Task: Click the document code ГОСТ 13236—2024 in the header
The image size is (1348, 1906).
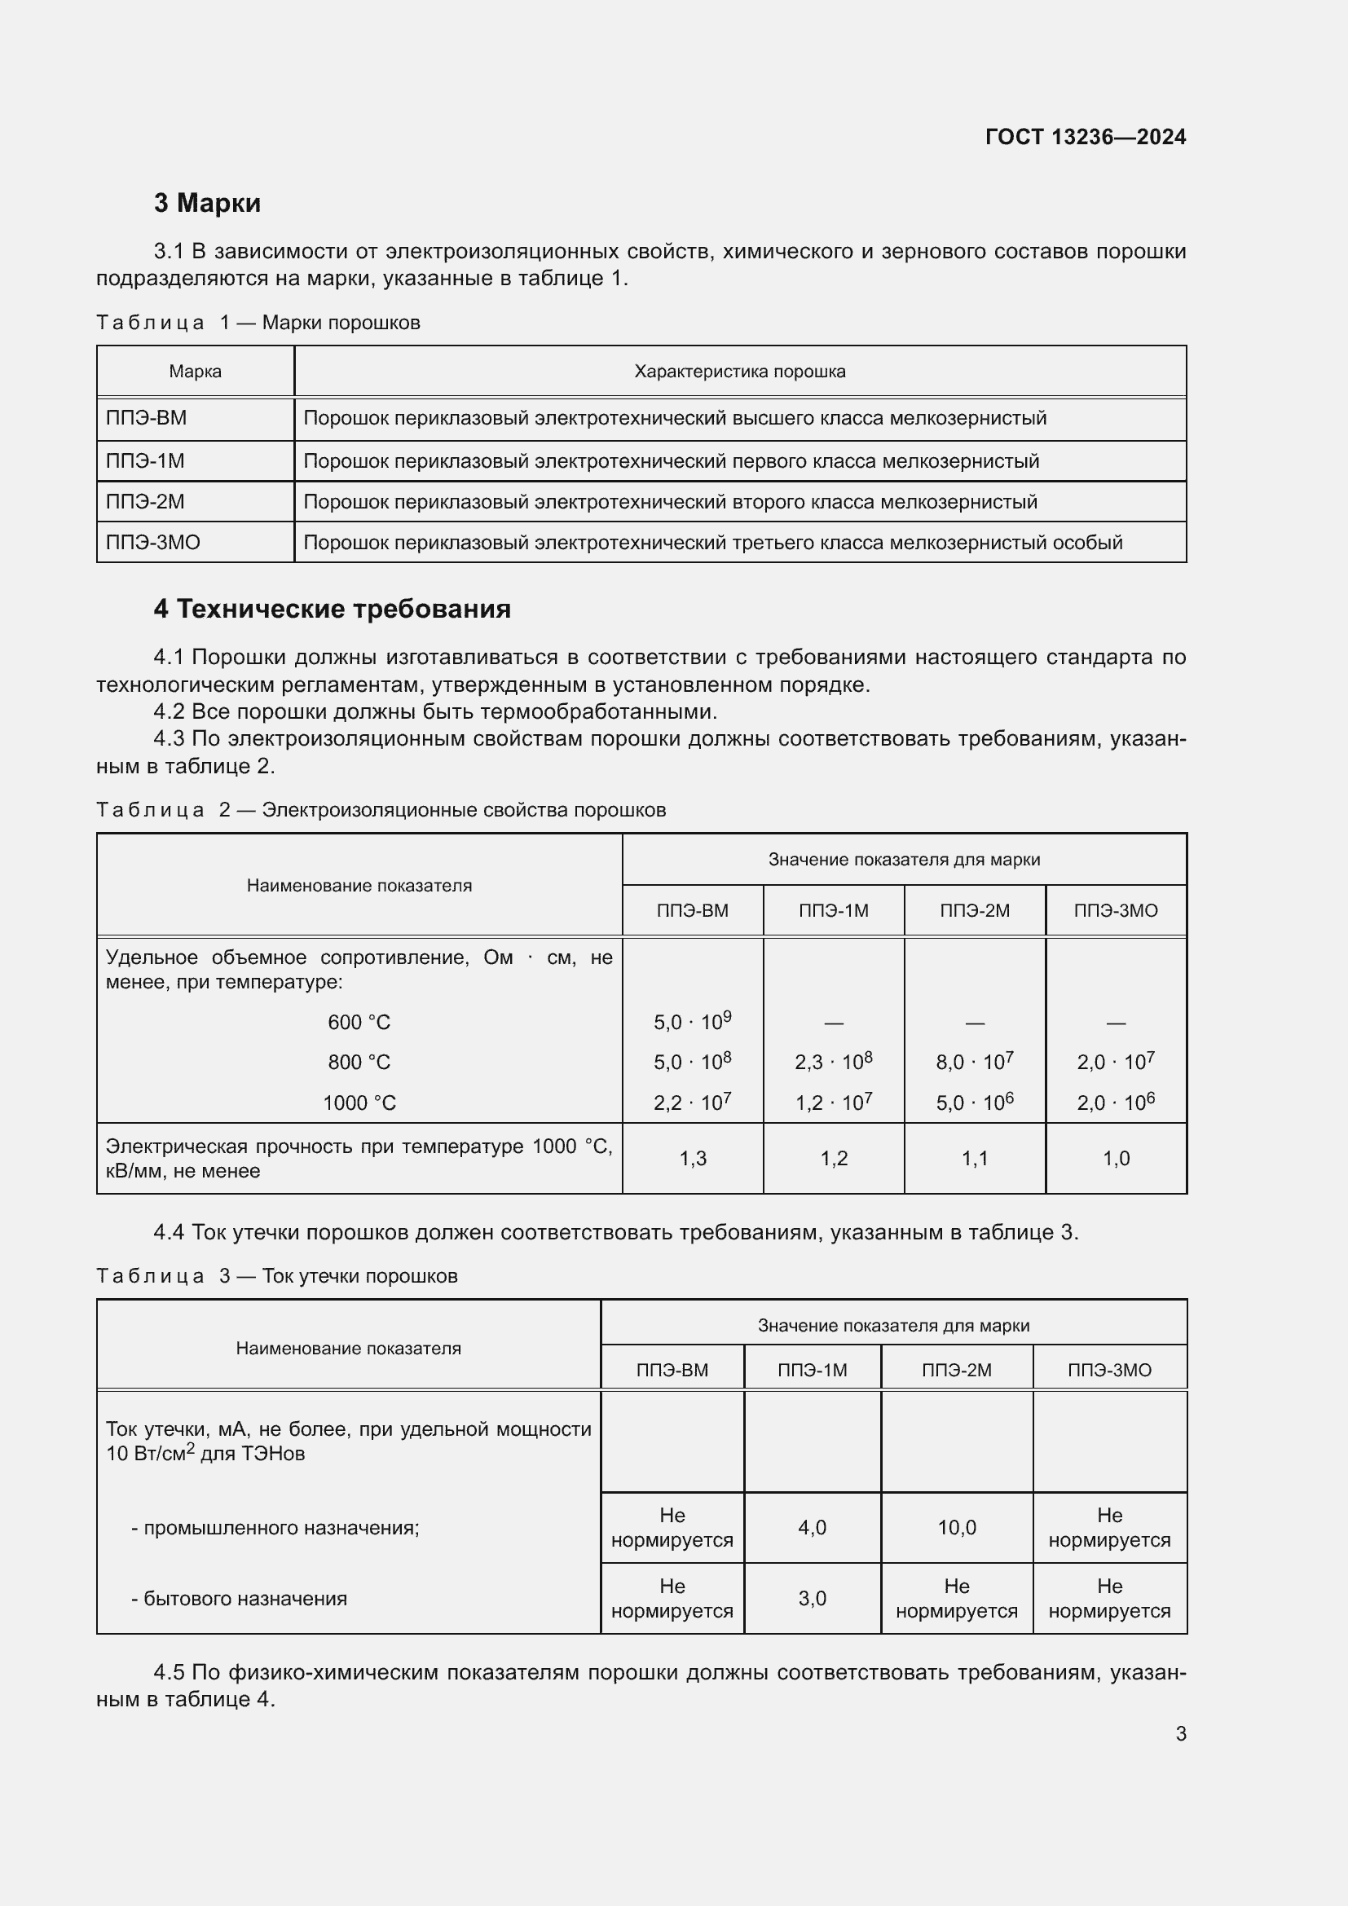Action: (1085, 137)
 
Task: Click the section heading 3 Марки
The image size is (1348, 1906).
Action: (207, 203)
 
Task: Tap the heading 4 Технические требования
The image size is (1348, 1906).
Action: (332, 610)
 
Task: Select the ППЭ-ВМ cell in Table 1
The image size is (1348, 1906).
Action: (146, 417)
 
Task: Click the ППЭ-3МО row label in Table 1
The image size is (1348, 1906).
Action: (152, 542)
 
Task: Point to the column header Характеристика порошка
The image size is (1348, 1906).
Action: (739, 371)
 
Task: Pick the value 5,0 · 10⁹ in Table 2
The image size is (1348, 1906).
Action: (692, 1021)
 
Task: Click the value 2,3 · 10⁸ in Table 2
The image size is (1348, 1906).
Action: (834, 1061)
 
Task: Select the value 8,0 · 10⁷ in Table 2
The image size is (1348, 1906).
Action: (975, 1061)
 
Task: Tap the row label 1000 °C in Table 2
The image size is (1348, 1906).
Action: (359, 1103)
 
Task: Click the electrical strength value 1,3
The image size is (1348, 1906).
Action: (692, 1158)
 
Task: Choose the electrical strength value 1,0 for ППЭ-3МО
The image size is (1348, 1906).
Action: (1116, 1158)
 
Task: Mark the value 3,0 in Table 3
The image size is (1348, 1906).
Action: (812, 1598)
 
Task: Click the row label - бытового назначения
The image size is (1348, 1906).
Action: (239, 1598)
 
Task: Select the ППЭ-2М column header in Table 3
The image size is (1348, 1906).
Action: (956, 1370)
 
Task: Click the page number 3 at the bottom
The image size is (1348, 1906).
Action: (1180, 1733)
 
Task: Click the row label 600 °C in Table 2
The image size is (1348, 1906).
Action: (359, 1022)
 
